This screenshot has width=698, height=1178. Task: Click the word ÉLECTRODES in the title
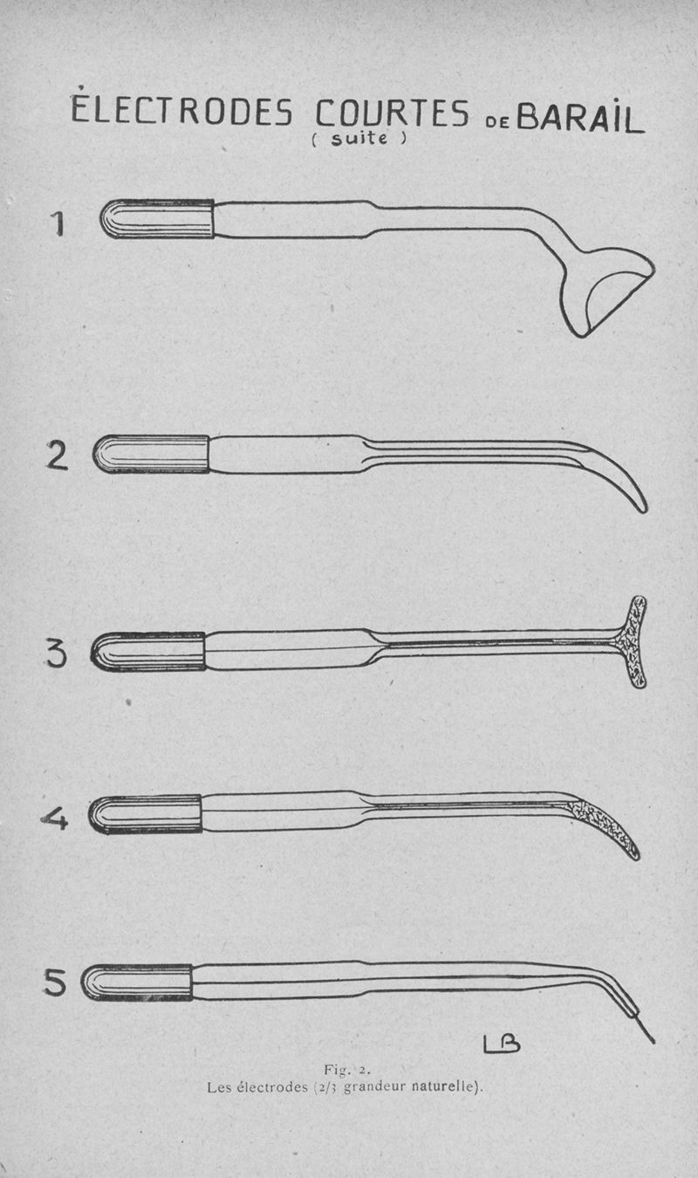[181, 108]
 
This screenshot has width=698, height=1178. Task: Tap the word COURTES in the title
[392, 113]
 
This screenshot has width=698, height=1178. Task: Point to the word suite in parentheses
[359, 139]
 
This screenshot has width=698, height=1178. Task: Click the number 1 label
[58, 223]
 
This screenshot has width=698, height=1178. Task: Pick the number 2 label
[57, 455]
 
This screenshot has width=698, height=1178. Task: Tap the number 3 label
[57, 654]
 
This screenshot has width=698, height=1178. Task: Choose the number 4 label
[55, 818]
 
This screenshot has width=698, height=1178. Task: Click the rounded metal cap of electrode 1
[157, 218]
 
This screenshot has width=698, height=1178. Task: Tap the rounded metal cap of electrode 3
[147, 652]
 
